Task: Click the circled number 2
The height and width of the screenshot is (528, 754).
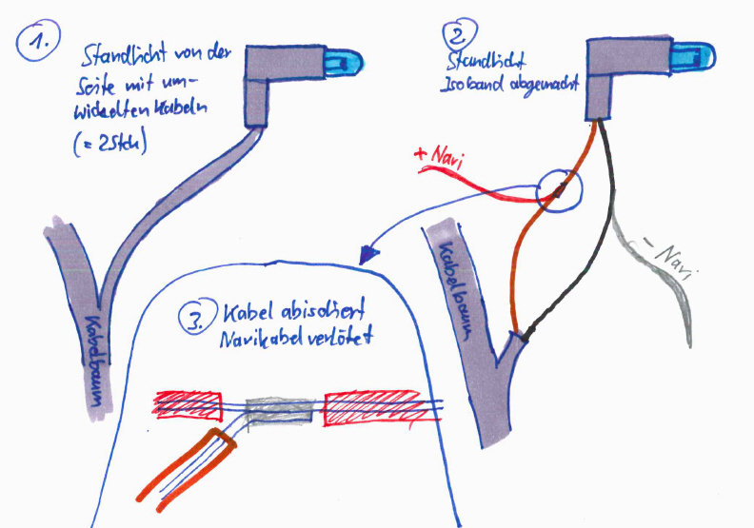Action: pyautogui.click(x=458, y=39)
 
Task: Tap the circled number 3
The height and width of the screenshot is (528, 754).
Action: pyautogui.click(x=196, y=320)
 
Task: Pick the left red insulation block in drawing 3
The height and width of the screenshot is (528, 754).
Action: pyautogui.click(x=189, y=403)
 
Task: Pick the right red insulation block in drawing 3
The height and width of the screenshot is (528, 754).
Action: pyautogui.click(x=372, y=407)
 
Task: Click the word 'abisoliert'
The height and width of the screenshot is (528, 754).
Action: pyautogui.click(x=313, y=312)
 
